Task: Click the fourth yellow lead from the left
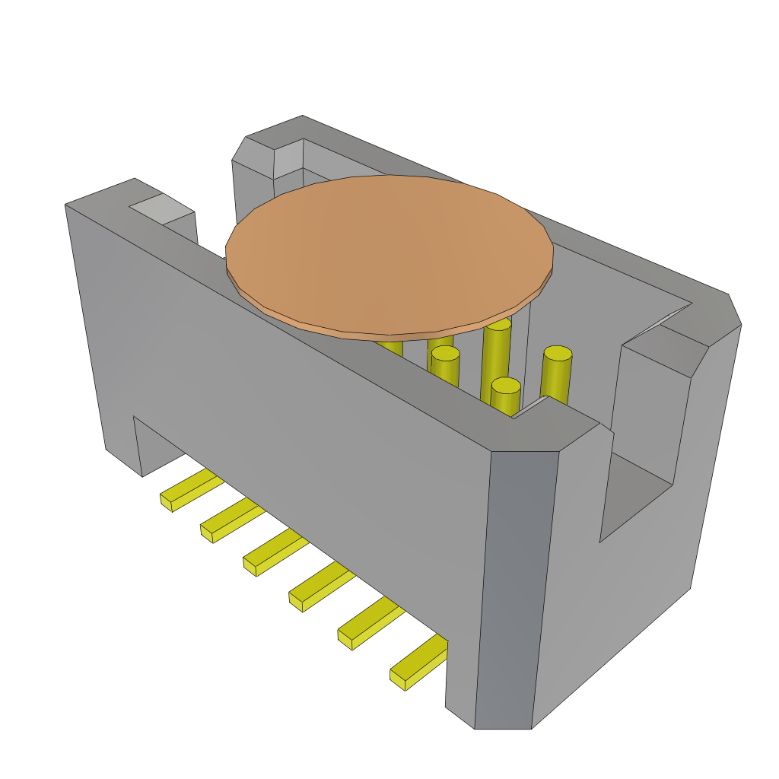click(320, 586)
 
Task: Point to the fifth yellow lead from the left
click(369, 622)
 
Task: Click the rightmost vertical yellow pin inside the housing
click(556, 374)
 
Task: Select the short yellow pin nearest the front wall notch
click(505, 397)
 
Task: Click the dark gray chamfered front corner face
click(517, 586)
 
